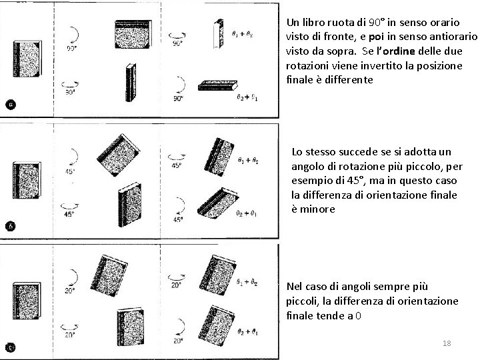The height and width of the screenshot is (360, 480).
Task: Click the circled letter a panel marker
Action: pos(11,104)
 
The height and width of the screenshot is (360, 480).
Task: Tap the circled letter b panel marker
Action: pos(11,225)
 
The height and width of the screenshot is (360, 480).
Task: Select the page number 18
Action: pos(447,343)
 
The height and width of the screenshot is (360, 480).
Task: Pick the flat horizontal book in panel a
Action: pos(218,85)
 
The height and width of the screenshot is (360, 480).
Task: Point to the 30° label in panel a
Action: pos(71,93)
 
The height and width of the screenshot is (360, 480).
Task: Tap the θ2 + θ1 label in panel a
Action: pos(247,97)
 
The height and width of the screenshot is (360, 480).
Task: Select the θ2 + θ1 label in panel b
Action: pos(247,213)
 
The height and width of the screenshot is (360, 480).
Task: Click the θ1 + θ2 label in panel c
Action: pos(247,283)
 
